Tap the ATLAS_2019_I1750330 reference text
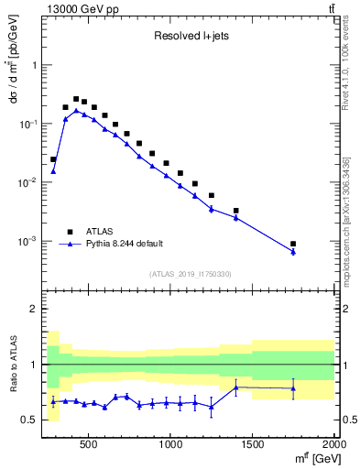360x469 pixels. (x=191, y=274)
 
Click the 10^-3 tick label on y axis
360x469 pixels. (x=27, y=241)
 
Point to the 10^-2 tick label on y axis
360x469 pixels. (x=27, y=182)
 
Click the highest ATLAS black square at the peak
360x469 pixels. (x=76, y=99)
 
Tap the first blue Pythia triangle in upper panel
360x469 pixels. (x=53, y=171)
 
